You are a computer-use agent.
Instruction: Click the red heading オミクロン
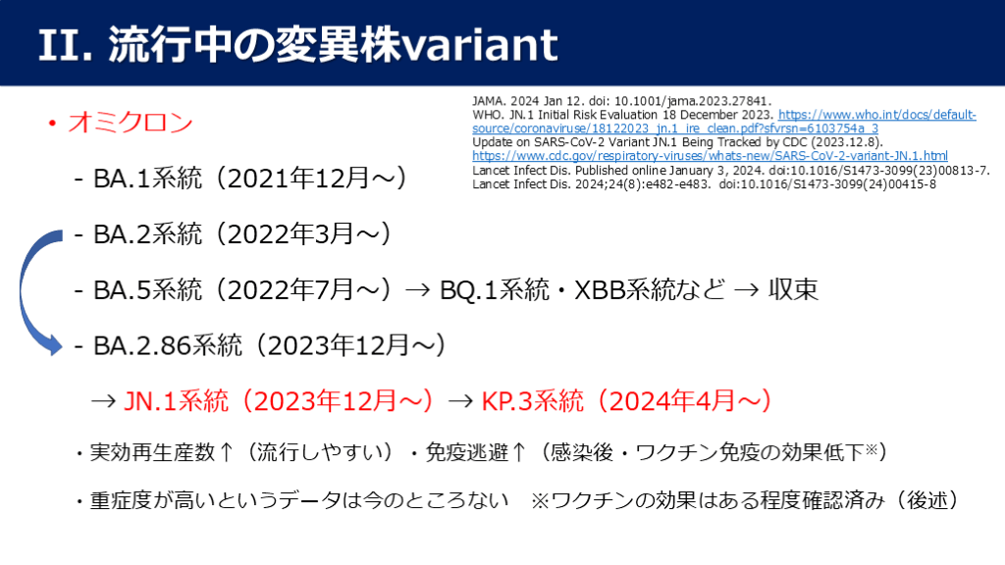tap(131, 122)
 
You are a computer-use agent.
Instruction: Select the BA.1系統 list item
tap(147, 179)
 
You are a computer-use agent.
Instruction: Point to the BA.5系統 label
tap(147, 289)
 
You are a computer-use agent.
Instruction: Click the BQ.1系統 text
tap(495, 289)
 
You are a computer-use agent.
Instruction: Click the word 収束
tap(793, 289)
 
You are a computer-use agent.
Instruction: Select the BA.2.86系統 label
tap(168, 345)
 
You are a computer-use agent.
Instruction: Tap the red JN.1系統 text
tap(176, 401)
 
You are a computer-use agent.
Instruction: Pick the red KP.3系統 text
tap(532, 401)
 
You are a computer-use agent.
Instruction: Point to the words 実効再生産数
tap(152, 452)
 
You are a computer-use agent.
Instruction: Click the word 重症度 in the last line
tap(121, 500)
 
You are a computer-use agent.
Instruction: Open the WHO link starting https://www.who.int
tap(724, 122)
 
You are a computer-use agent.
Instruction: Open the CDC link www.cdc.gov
tap(711, 156)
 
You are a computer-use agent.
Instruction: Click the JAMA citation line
tap(621, 101)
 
